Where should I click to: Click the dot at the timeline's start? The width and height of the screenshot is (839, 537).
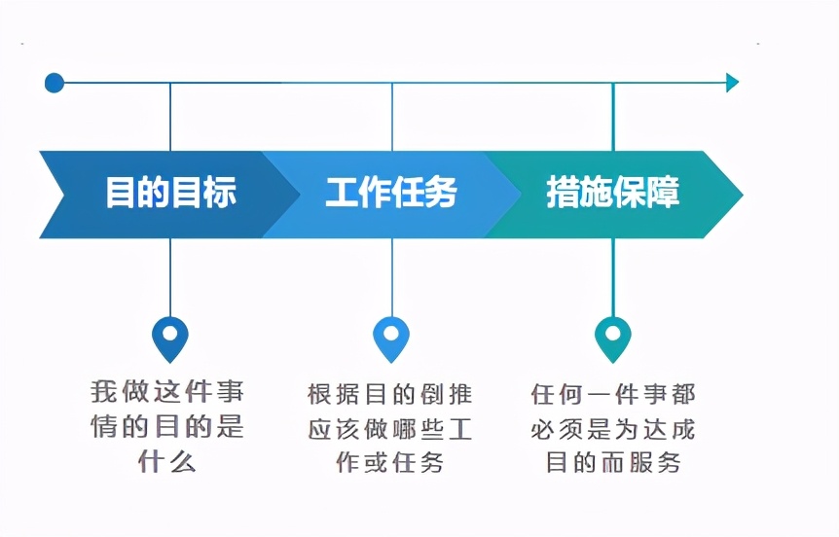pyautogui.click(x=55, y=83)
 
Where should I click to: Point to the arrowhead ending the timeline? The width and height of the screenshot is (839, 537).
pyautogui.click(x=732, y=83)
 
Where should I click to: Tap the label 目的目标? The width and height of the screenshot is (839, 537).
pyautogui.click(x=170, y=193)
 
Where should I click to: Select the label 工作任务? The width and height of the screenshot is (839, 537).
pyautogui.click(x=391, y=193)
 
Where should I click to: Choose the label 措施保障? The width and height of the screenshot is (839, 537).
pyautogui.click(x=612, y=193)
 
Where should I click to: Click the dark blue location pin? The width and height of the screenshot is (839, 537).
pyautogui.click(x=170, y=337)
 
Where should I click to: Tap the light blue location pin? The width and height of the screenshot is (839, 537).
pyautogui.click(x=391, y=337)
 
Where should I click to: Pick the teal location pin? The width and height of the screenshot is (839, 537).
pyautogui.click(x=612, y=337)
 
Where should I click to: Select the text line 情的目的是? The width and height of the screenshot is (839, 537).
pyautogui.click(x=167, y=427)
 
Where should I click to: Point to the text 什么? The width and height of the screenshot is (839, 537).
pyautogui.click(x=167, y=461)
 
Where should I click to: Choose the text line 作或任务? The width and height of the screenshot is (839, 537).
pyautogui.click(x=389, y=462)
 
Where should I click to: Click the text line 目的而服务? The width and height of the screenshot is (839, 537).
pyautogui.click(x=613, y=462)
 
